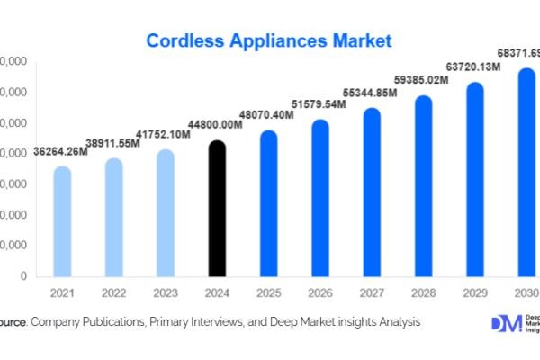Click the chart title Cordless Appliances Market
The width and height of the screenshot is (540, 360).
click(x=269, y=40)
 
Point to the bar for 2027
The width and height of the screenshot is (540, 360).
click(x=373, y=193)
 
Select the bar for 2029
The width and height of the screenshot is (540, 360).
click(x=476, y=180)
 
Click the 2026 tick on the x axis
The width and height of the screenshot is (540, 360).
click(x=320, y=293)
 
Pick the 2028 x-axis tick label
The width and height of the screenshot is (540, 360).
click(x=424, y=293)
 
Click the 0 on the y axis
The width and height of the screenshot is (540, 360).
click(x=22, y=276)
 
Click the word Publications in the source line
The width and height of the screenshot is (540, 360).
click(x=119, y=321)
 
